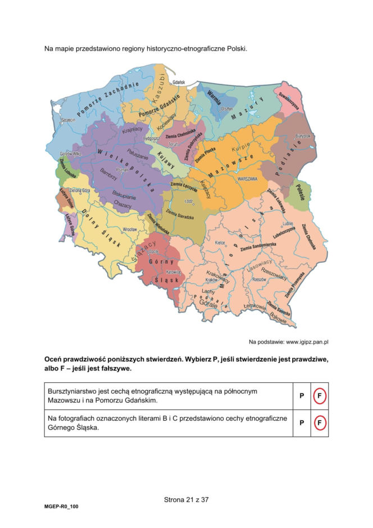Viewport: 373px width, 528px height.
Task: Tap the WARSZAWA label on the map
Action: (x=247, y=178)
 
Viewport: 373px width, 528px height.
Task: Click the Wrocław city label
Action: (x=130, y=230)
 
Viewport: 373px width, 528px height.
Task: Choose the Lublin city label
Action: (x=288, y=223)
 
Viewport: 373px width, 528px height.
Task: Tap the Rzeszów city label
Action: (x=259, y=279)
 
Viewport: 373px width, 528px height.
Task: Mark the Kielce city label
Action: (x=220, y=243)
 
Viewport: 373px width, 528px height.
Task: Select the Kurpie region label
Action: (x=240, y=145)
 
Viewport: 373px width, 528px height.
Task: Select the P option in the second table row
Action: (x=302, y=423)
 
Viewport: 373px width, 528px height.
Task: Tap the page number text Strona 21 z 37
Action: (x=186, y=499)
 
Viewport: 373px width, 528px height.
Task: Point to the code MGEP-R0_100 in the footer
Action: (x=62, y=507)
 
